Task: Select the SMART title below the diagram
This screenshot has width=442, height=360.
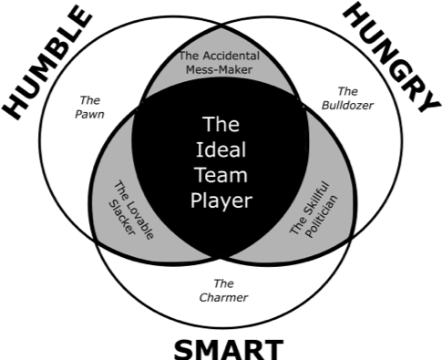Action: coord(229,346)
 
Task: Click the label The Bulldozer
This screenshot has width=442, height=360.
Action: coord(342,98)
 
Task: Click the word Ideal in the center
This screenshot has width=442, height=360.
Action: coord(222,149)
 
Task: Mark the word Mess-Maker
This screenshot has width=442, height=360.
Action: coord(220,67)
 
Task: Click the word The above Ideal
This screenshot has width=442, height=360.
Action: coord(222,123)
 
